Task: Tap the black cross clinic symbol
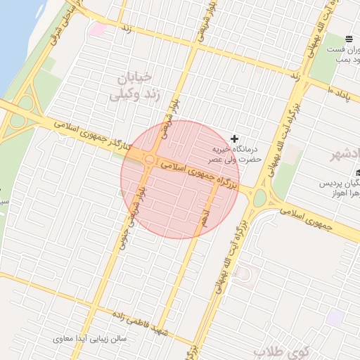pos(234,139)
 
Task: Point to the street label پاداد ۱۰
pos(344,90)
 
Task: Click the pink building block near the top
pos(97,30)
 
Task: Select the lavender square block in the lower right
pos(335,317)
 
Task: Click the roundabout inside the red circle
pos(151,160)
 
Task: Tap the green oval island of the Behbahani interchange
pos(259,198)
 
